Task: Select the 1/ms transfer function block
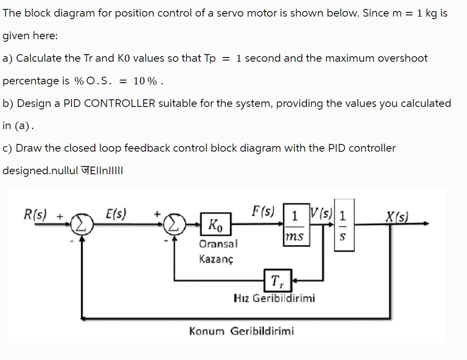point(296,225)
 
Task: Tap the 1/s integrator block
point(344,224)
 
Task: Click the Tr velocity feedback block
point(277,279)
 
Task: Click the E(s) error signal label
point(116,214)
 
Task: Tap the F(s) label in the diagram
point(263,211)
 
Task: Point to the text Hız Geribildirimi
point(274,298)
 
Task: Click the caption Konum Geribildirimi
point(241,331)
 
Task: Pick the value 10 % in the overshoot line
point(145,81)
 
